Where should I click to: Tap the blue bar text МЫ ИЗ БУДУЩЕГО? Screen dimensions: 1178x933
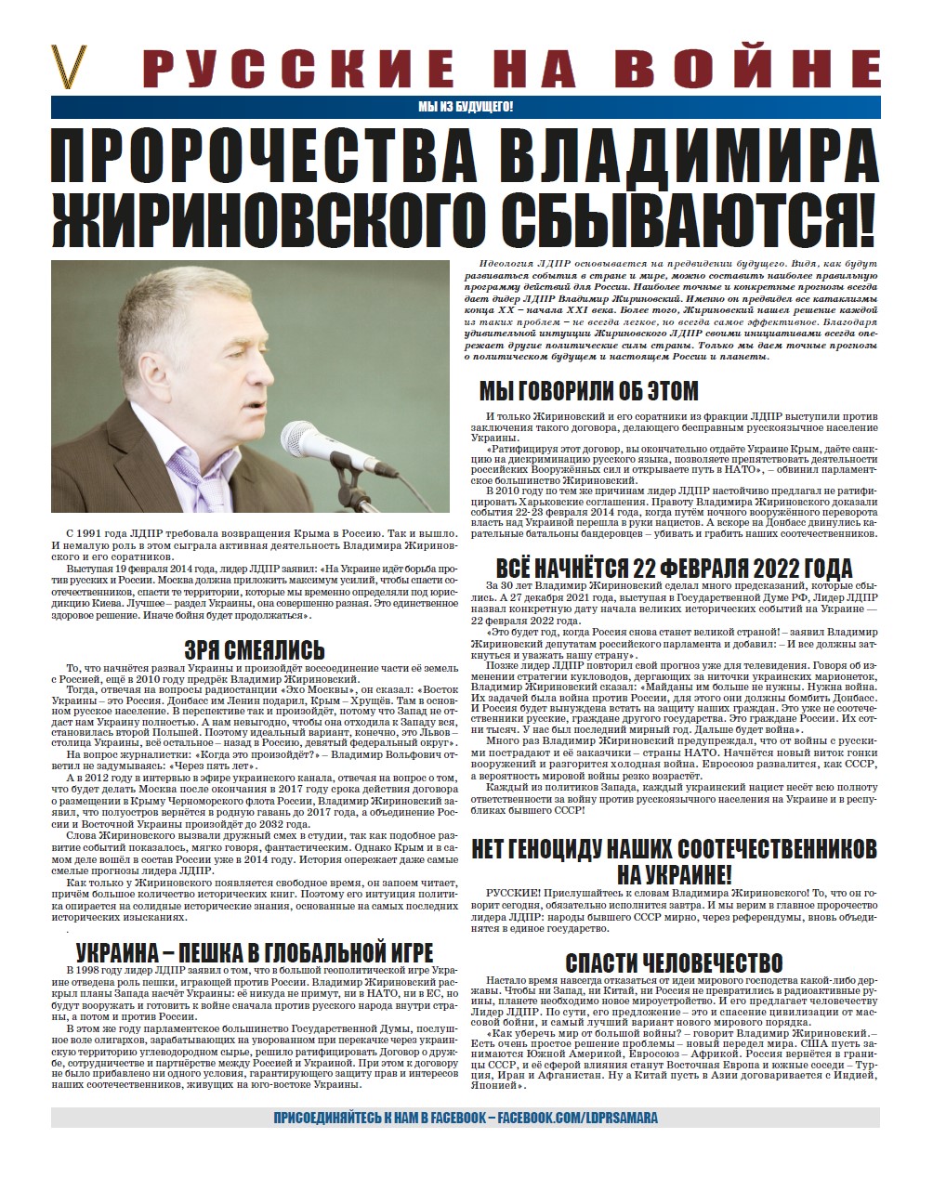pyautogui.click(x=466, y=107)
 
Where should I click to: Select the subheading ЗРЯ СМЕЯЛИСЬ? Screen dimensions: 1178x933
pyautogui.click(x=254, y=648)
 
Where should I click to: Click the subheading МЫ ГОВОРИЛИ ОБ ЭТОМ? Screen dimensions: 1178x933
pyautogui.click(x=588, y=390)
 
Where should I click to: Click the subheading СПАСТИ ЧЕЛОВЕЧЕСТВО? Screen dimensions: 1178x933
pyautogui.click(x=674, y=962)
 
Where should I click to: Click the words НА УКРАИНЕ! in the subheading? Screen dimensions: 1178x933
pyautogui.click(x=674, y=873)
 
